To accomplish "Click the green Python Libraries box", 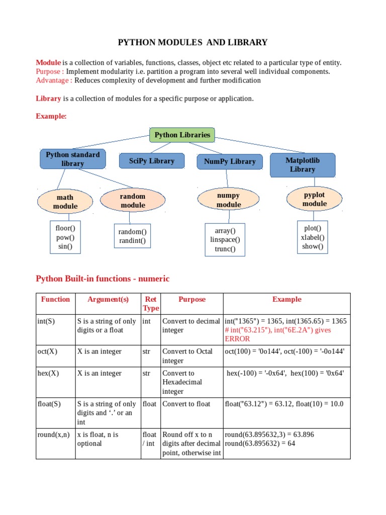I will coord(182,135).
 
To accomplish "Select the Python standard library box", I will coord(73,159).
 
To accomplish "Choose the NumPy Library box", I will coord(230,161).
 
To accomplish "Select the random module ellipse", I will coord(133,201).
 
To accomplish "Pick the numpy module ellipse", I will coord(229,200).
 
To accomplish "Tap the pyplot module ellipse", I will coord(315,199).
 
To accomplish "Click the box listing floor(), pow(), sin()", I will coord(65,237).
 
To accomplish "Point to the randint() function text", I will coord(132,241).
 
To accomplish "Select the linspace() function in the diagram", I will coord(225,240).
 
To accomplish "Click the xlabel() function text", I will coord(313,237).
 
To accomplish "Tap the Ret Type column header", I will coord(150,304).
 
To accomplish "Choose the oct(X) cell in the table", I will coord(48,352).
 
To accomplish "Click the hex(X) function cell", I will coord(48,373).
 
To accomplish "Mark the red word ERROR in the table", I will coord(238,339).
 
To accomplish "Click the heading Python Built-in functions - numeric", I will coord(103,279).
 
